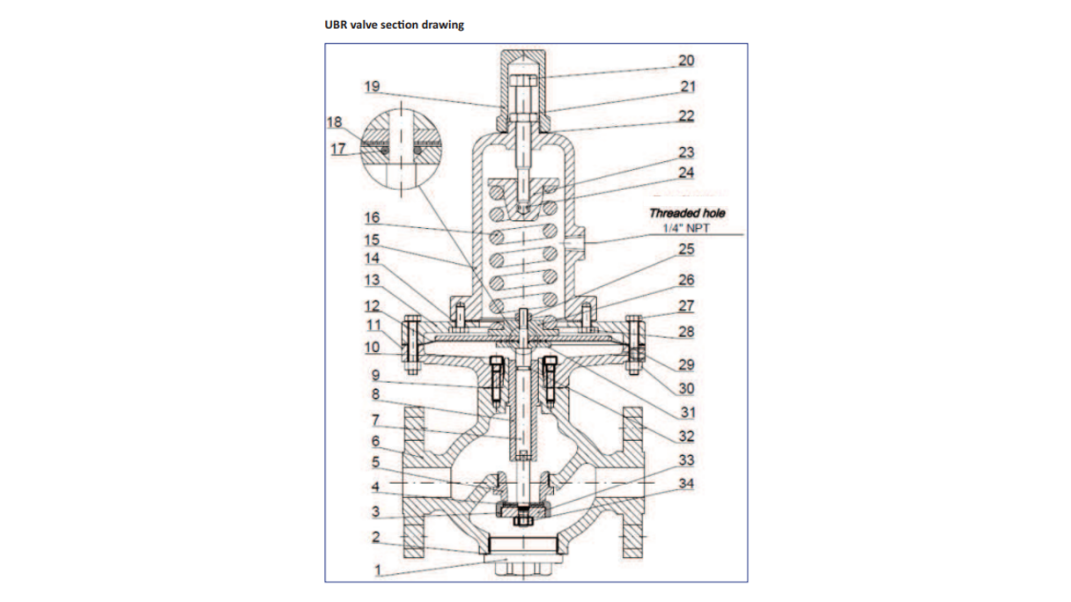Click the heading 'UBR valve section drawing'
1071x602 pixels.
pos(395,25)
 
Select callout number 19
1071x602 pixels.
pos(371,86)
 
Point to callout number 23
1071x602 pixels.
pos(686,153)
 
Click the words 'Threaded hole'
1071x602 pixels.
pos(687,213)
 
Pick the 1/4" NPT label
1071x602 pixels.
pos(687,228)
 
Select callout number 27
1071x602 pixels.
pos(686,306)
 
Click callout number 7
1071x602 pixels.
pos(374,421)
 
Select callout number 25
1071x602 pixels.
pos(686,249)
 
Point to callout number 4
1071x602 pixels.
pos(374,486)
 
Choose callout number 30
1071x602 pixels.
pos(686,387)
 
